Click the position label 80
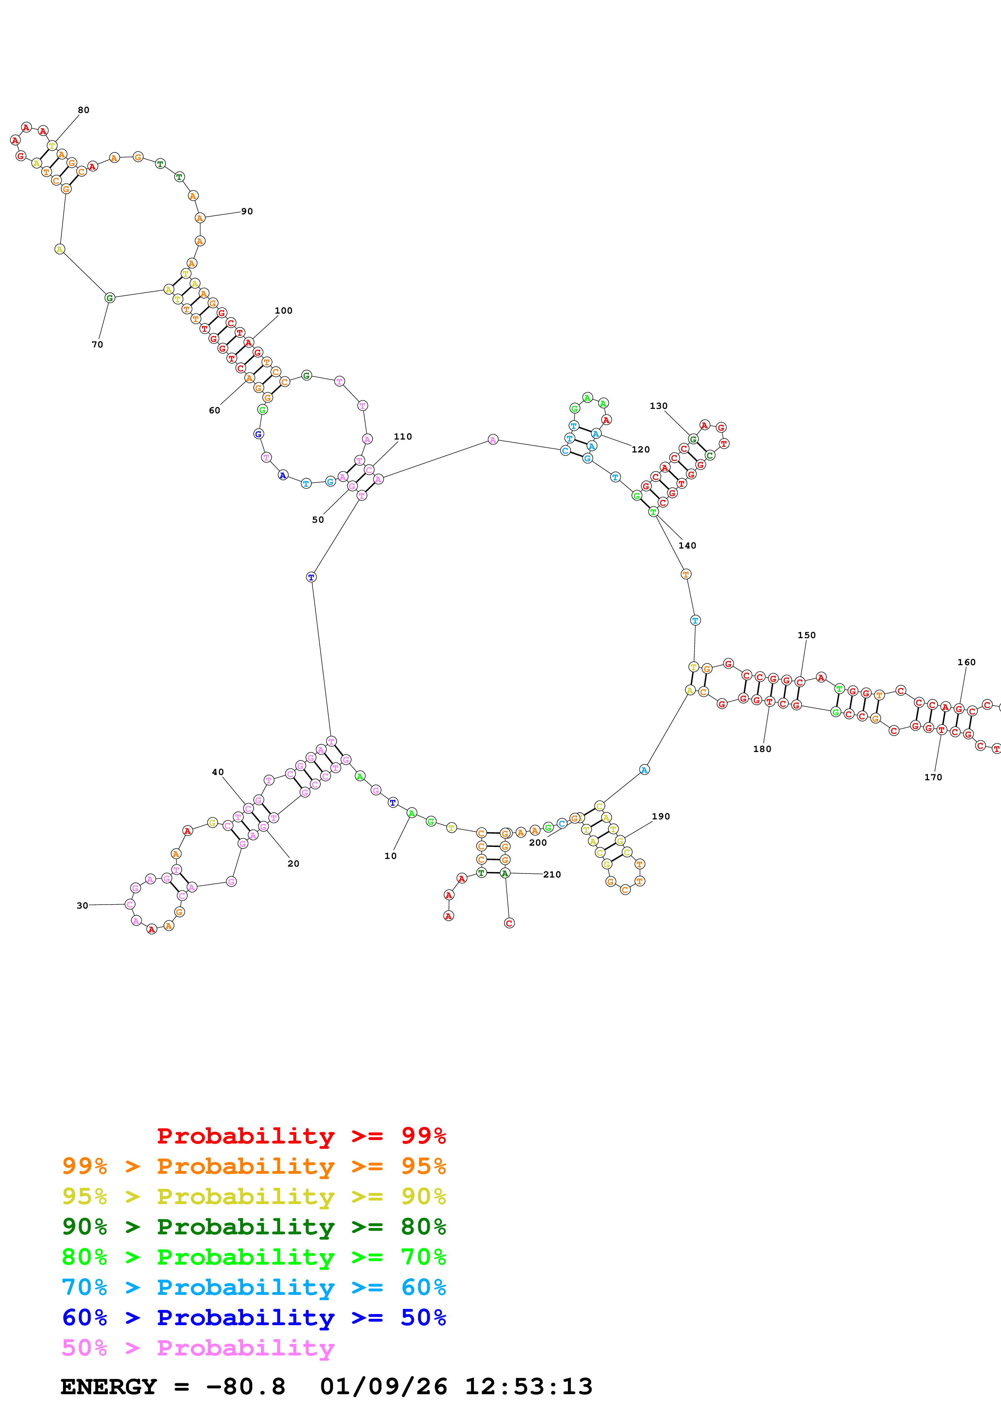pos(83,110)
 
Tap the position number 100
pos(283,311)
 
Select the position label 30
pos(82,905)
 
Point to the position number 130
pos(658,406)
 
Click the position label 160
pos(966,662)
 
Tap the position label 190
pos(661,817)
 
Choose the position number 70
pos(97,345)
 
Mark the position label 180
pos(762,749)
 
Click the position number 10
pos(390,856)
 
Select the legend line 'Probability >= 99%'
pos(301,1136)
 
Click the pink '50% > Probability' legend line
pos(198,1348)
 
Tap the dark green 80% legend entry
pos(254,1227)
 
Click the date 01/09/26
pos(383,1387)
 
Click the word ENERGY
pos(109,1387)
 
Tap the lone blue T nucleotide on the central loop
pos(311,577)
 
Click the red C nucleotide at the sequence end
pos(509,923)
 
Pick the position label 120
pos(640,450)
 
